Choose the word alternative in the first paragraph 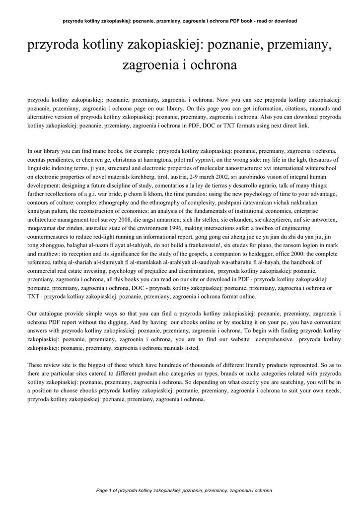(43, 117)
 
